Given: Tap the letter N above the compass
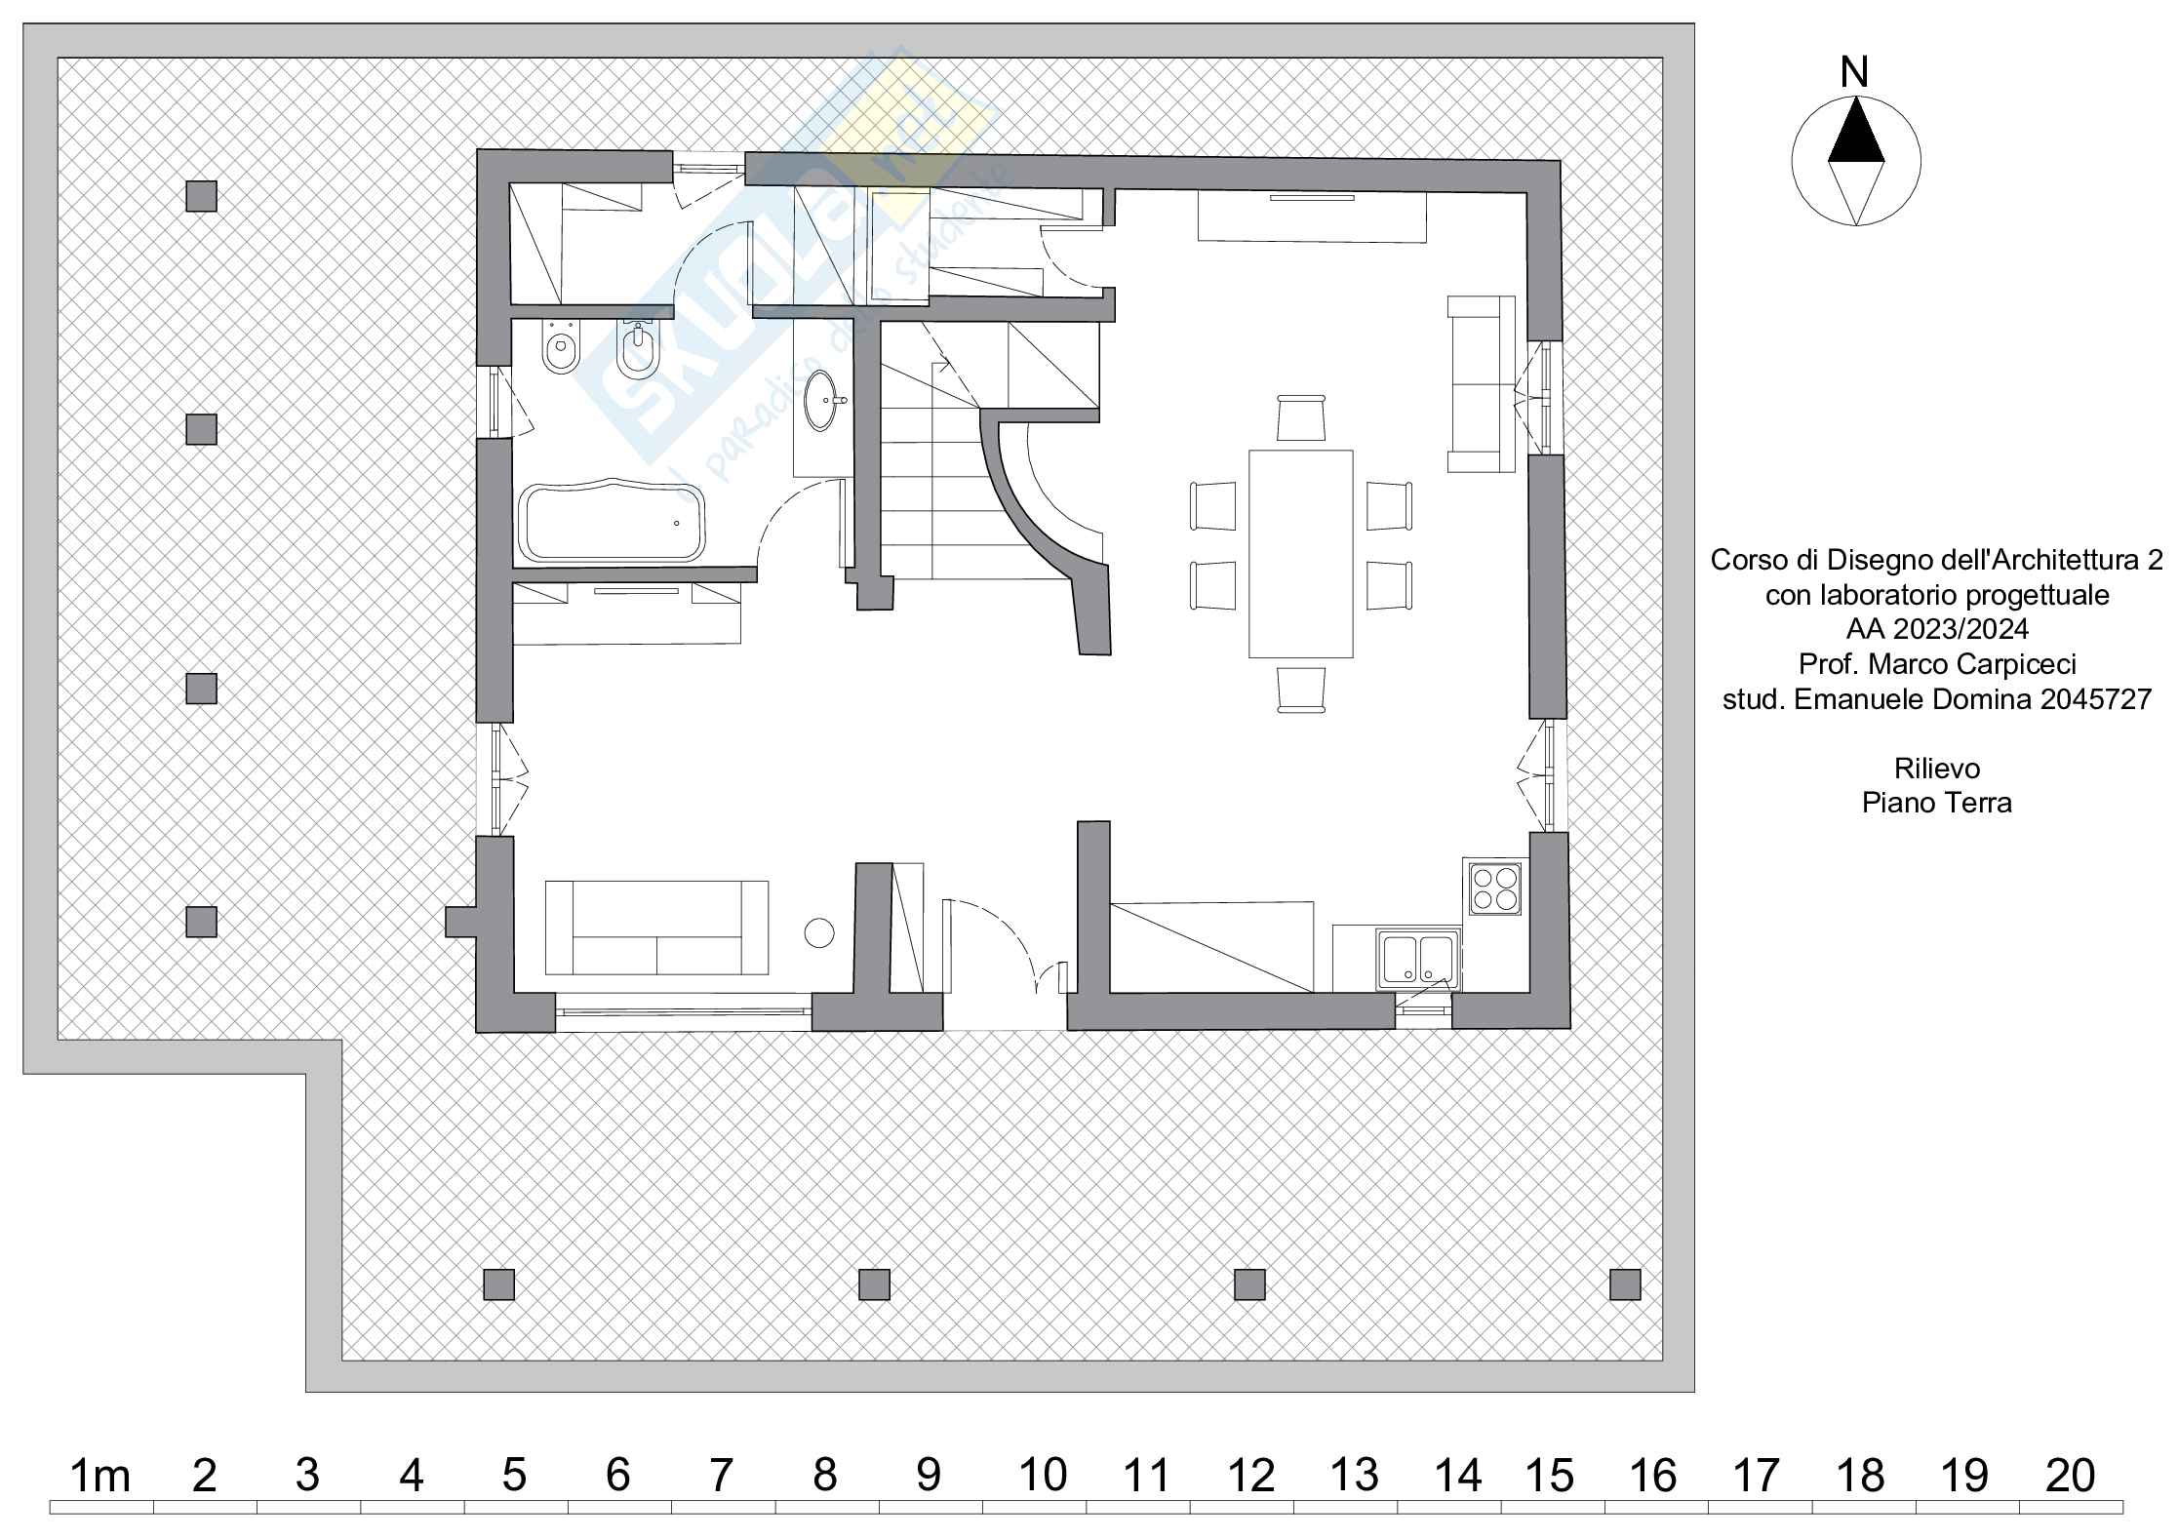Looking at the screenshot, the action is (x=1855, y=72).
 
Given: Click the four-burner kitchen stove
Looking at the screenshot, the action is (x=1495, y=888).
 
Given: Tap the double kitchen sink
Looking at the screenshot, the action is (x=1417, y=959).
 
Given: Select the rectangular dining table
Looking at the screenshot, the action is (x=1300, y=553).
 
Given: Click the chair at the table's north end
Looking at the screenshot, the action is (x=1300, y=417).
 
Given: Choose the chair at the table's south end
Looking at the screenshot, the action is (x=1300, y=690).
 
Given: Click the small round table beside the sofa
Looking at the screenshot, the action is (x=819, y=932).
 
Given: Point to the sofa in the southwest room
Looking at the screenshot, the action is (x=656, y=927).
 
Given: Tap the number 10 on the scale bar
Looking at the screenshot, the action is (x=1042, y=1477).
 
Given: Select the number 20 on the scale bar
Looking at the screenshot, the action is (x=2070, y=1477).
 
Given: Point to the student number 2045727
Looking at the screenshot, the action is (x=2094, y=699).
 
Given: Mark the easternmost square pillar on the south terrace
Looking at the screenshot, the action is (x=1625, y=1284).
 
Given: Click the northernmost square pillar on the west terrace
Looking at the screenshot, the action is (x=201, y=196).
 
